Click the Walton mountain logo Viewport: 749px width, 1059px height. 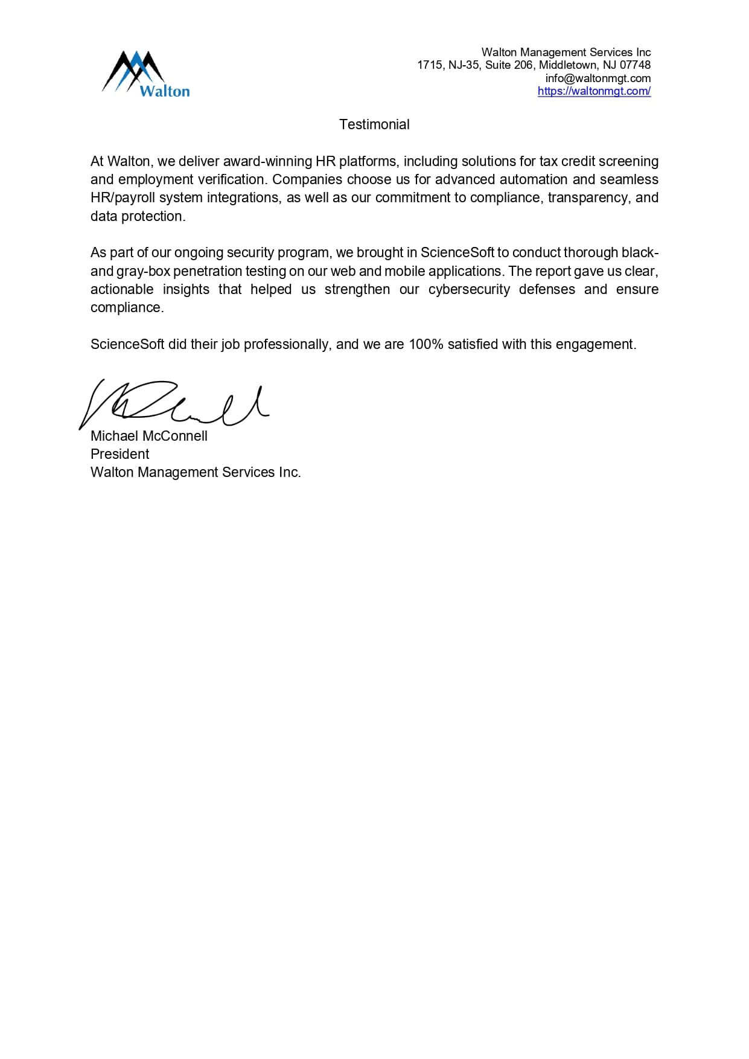pos(145,74)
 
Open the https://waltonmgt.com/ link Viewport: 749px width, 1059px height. pos(594,91)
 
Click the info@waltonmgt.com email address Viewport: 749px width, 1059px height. pos(598,78)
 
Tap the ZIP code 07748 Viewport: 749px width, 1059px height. pos(635,65)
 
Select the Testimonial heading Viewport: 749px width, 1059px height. pos(374,124)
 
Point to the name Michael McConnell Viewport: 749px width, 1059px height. pos(149,436)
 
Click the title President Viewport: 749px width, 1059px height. pos(120,454)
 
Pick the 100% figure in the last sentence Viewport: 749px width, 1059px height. pos(426,344)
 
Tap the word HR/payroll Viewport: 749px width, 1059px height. pos(123,198)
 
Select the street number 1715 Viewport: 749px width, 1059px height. pos(430,65)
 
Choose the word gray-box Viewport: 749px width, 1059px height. pos(143,271)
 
